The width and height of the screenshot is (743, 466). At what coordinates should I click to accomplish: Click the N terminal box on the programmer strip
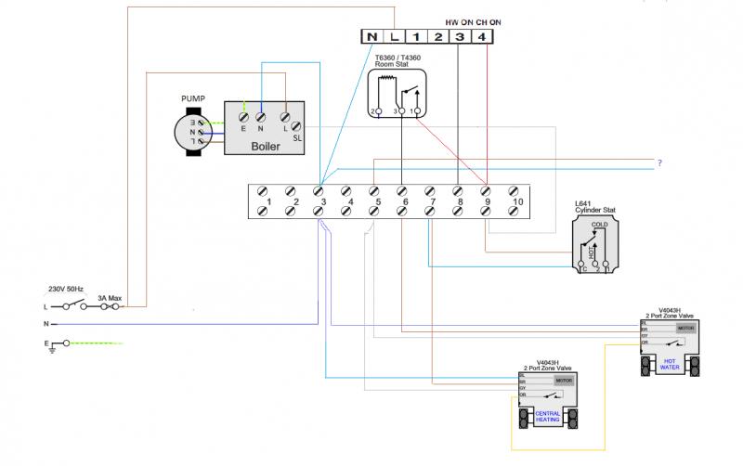click(x=372, y=36)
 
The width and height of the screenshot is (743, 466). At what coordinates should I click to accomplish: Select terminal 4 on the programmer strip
click(x=481, y=36)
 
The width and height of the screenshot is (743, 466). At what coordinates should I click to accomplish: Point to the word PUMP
click(x=193, y=97)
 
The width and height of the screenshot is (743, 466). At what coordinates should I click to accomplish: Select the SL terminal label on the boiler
click(x=297, y=137)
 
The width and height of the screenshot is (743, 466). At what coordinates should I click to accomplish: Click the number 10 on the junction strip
click(x=517, y=201)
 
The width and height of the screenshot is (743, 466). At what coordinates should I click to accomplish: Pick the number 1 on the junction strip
click(x=267, y=201)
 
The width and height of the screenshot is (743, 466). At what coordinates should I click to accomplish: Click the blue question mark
click(x=659, y=163)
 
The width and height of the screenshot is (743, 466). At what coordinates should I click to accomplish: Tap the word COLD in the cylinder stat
click(x=599, y=224)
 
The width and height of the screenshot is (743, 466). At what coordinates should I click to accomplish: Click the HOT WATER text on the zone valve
click(x=671, y=364)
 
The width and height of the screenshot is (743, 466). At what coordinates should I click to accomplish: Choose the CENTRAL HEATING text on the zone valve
click(x=548, y=417)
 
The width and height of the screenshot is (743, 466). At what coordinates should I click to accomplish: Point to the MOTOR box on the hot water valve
click(x=685, y=328)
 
